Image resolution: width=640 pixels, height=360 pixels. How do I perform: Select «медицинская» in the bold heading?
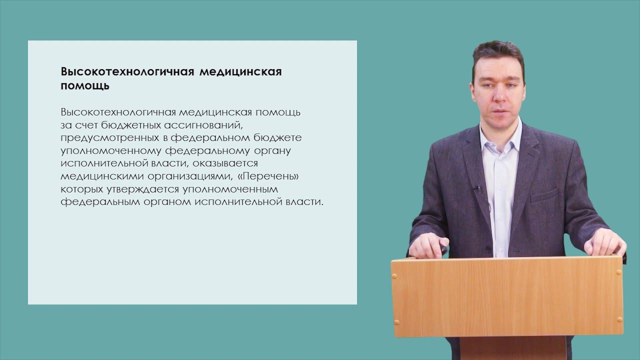tap(240, 71)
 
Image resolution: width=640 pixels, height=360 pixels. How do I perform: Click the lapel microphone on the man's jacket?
tap(477, 189)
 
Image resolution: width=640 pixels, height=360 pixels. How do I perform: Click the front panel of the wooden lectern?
tap(507, 297)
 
